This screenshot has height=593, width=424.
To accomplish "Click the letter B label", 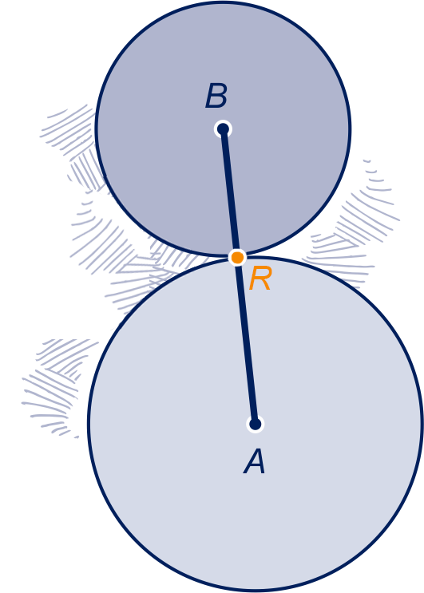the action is pos(216,96).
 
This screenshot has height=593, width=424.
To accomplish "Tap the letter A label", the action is pos(255,461).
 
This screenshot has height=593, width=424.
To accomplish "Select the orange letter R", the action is pos(260,279).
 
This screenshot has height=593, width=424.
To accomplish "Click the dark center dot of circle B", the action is pos(223,129).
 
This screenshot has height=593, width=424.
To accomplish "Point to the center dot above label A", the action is pos(256,425).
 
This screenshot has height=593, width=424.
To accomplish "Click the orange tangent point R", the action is pos(237,258).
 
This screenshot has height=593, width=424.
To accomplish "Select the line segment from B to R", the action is pos(230,193).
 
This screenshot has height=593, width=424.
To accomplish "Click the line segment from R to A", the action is pos(246,341).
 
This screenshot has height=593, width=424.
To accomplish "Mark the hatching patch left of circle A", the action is pos(57,385).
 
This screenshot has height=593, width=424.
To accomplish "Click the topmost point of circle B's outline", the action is pos(223,2).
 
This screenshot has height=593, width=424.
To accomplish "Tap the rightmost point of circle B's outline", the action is pos(351,129).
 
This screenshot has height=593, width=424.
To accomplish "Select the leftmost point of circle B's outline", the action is pos(96,129).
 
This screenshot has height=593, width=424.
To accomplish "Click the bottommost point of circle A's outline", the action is pos(256,591).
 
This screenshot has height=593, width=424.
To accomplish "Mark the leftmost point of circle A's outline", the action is pos(88,425).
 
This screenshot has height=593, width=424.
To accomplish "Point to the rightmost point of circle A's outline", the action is pos(422,425).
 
